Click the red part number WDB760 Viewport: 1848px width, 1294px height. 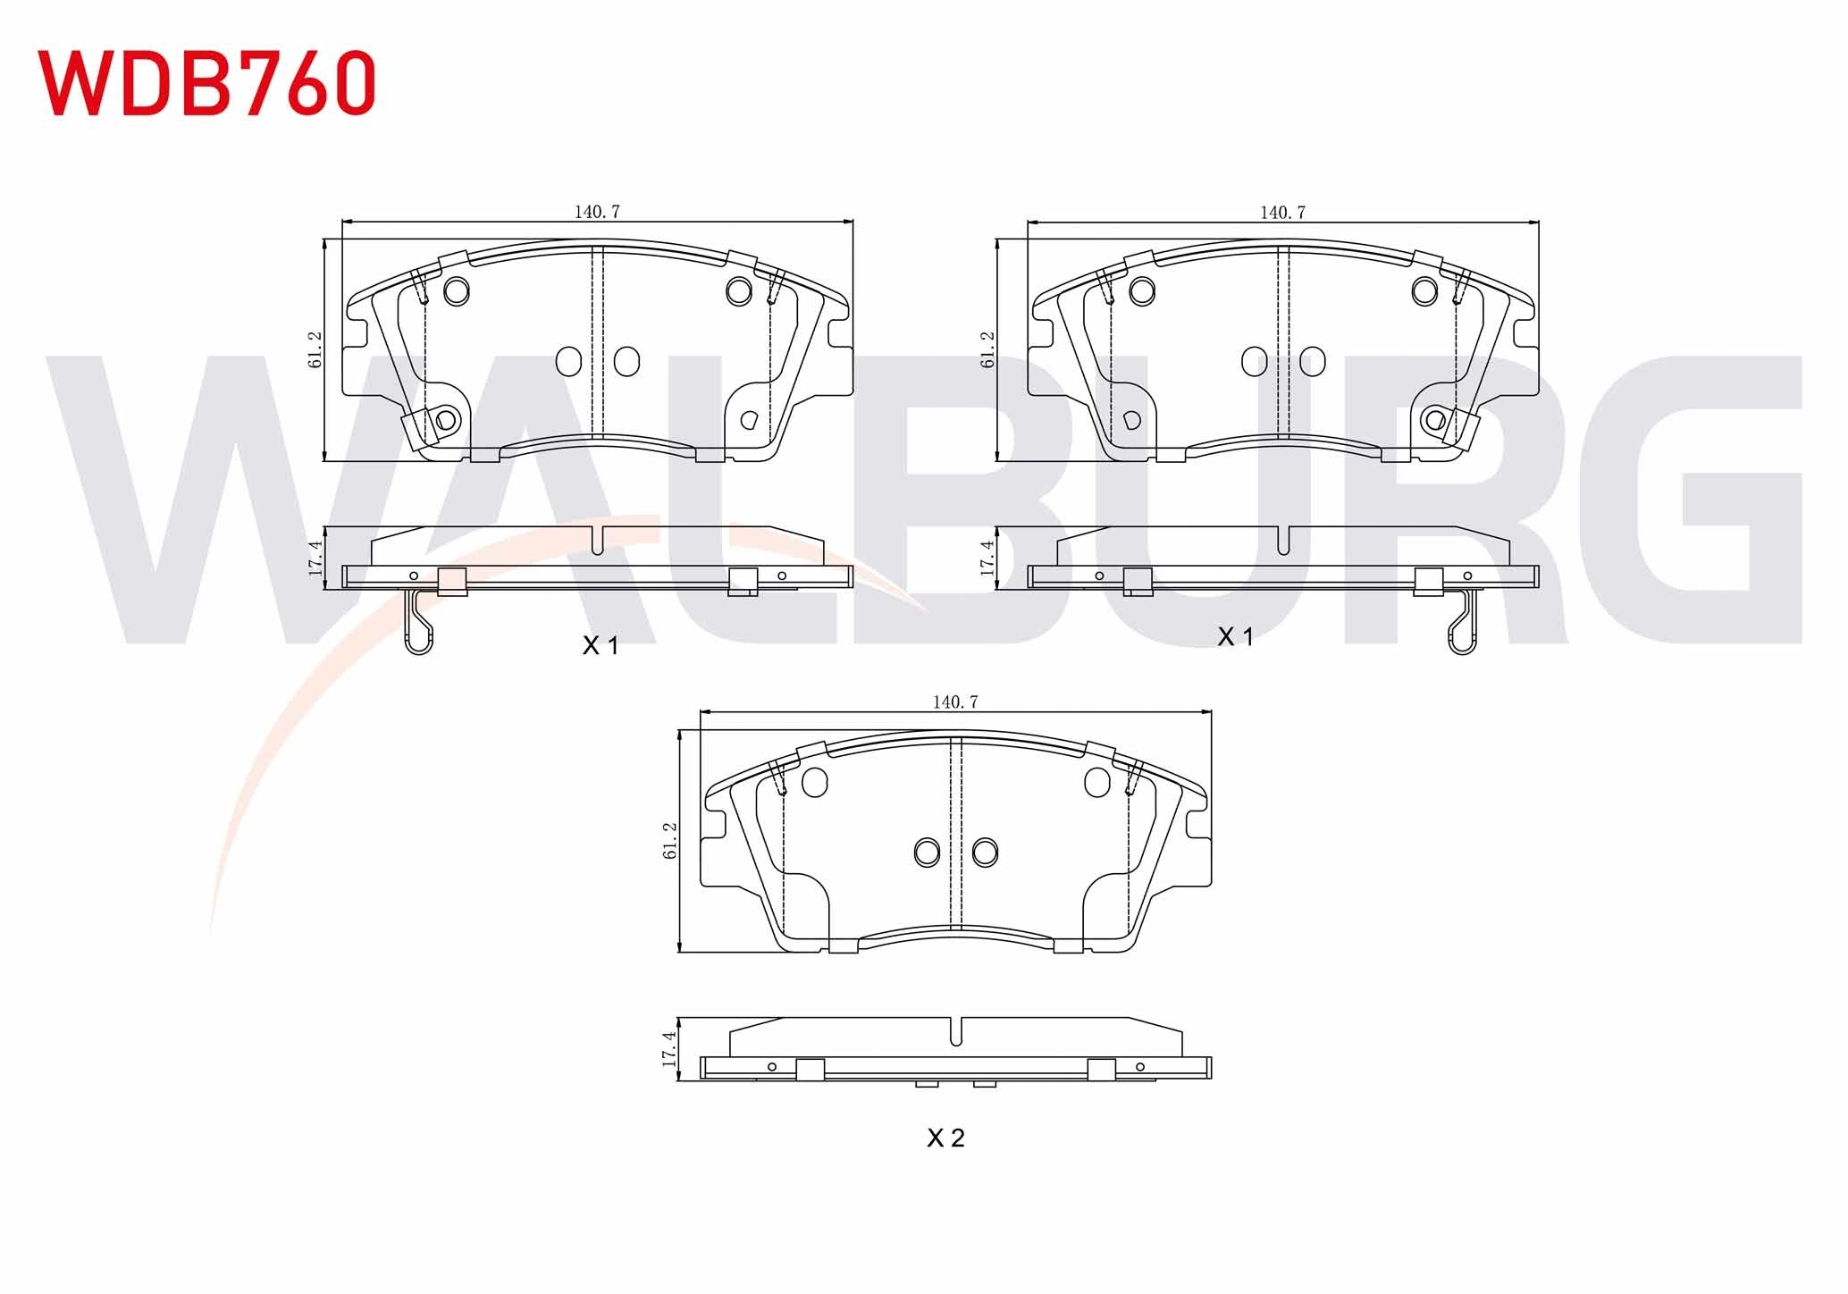click(x=206, y=82)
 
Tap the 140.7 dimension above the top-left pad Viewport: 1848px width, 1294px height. click(x=597, y=212)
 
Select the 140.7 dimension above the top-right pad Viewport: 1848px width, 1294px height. click(x=1282, y=212)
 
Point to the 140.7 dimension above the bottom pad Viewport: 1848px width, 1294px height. click(x=955, y=702)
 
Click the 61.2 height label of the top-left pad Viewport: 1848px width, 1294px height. click(x=315, y=349)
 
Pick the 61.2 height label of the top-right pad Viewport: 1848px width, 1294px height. click(x=987, y=349)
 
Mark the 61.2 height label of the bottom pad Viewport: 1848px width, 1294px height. click(x=671, y=841)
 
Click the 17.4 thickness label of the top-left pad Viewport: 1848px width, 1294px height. click(x=315, y=558)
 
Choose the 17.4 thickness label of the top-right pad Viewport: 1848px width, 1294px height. click(x=987, y=558)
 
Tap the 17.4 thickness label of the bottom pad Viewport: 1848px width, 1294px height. click(x=669, y=1049)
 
